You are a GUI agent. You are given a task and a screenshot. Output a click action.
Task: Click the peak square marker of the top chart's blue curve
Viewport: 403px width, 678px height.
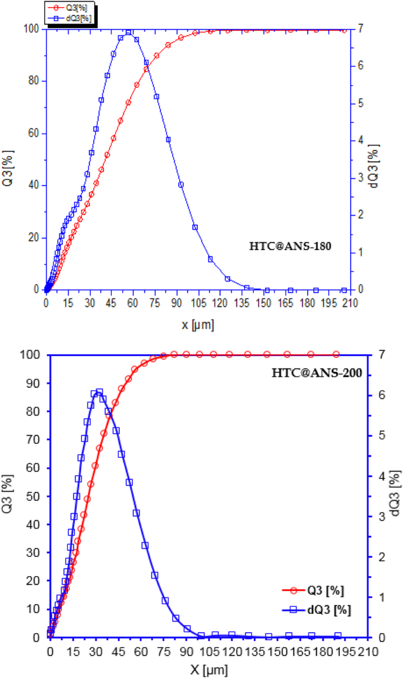(128, 32)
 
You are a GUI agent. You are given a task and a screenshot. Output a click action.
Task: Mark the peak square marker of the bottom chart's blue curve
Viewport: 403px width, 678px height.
(99, 393)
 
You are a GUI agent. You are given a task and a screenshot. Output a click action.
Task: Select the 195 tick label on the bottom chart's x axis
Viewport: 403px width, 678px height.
(344, 652)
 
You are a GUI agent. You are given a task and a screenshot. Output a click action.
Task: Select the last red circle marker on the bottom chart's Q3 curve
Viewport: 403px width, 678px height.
(336, 354)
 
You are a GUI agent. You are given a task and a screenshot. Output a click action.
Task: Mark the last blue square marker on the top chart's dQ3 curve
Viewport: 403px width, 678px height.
(344, 290)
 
